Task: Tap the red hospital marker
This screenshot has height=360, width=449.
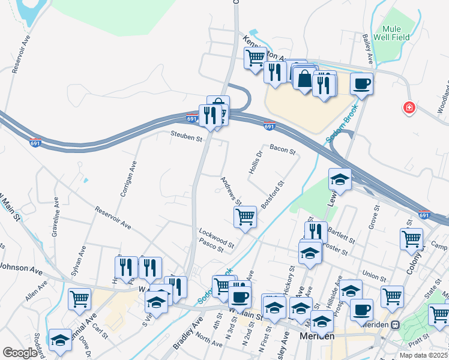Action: coord(409,107)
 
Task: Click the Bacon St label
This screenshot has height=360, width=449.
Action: coord(283,148)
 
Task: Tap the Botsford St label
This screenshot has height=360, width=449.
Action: coord(272,192)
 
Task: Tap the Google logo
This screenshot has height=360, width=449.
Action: coord(20,353)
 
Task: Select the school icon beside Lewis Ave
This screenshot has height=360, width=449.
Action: coord(340,179)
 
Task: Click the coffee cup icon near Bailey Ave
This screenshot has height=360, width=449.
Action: coord(362,83)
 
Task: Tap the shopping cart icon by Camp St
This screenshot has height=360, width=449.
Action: coord(411,239)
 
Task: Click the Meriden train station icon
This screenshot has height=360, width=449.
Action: coord(396,325)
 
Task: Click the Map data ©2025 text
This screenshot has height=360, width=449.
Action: coord(423,355)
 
